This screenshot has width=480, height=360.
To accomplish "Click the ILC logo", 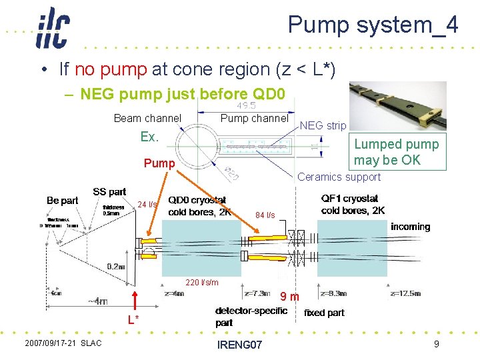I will point(53,28).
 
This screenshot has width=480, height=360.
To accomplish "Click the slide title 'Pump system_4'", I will point(373,25).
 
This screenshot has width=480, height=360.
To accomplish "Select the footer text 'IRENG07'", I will point(240,345).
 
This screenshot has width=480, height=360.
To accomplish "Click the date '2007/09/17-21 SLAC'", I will point(63,343).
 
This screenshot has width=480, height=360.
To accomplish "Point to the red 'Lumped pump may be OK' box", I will point(396,152).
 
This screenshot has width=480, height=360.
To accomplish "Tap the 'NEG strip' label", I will point(323,125).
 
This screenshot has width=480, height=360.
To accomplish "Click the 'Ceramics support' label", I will point(339,177).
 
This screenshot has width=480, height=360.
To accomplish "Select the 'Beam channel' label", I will point(147,119).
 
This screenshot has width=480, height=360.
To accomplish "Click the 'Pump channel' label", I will point(253,118).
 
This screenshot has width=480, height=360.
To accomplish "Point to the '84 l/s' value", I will point(265,215).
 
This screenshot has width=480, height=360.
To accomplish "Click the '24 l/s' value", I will point(147,204).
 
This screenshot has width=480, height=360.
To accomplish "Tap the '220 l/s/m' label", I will point(202,283).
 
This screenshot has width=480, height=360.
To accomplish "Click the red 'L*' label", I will point(134,319).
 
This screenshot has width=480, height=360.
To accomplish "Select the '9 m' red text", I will point(289,296).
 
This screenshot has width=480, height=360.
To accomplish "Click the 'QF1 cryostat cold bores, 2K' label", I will point(353,205).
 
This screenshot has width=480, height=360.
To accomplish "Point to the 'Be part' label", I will point(62,200).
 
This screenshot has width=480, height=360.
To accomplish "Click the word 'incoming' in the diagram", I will point(410,227).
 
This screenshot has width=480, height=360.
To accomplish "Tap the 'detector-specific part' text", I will point(251,317).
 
